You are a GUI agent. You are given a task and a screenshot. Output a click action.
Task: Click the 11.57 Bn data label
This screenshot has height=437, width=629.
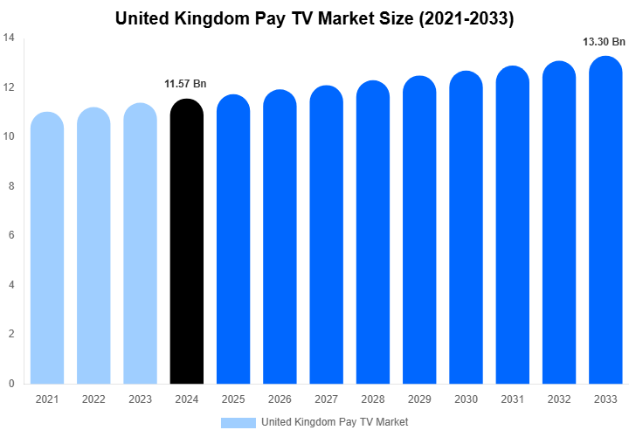pyautogui.click(x=185, y=84)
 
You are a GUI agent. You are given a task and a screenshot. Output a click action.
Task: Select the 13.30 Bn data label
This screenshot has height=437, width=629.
pyautogui.click(x=604, y=41)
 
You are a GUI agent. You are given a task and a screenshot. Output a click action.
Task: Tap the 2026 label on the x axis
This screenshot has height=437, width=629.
pyautogui.click(x=280, y=399)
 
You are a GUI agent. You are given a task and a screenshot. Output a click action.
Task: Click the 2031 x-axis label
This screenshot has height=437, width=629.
pyautogui.click(x=513, y=399)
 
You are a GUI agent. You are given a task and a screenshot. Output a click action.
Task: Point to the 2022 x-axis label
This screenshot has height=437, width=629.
pyautogui.click(x=93, y=399)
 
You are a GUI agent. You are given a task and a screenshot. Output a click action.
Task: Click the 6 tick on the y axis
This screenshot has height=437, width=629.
pyautogui.click(x=10, y=235)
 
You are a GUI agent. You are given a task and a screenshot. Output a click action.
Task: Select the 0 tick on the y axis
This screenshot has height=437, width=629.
pyautogui.click(x=10, y=384)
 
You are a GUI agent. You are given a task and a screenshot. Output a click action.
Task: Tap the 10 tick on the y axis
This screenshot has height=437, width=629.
pyautogui.click(x=8, y=136)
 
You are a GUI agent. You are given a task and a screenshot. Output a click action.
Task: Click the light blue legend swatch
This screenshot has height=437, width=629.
pyautogui.click(x=238, y=422)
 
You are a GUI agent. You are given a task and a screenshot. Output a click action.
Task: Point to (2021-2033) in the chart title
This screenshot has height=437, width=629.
pyautogui.click(x=461, y=18)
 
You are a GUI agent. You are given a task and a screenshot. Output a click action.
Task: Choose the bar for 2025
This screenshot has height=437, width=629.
pyautogui.click(x=233, y=239)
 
